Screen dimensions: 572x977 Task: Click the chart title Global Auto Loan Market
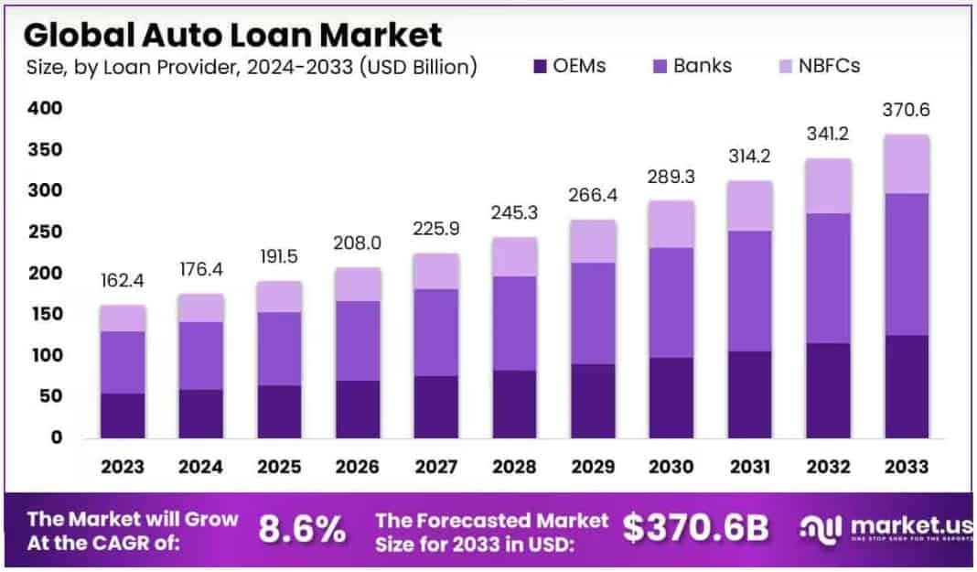click(x=232, y=35)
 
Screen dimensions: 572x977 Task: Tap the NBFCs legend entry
click(x=816, y=66)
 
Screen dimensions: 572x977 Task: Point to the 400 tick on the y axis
click(x=44, y=108)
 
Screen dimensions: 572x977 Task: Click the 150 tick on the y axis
click(x=44, y=314)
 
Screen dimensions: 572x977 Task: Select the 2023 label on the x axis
click(x=123, y=467)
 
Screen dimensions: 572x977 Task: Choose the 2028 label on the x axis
click(x=514, y=467)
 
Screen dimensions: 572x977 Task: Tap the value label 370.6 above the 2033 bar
click(x=906, y=110)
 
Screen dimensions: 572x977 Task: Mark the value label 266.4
click(x=592, y=196)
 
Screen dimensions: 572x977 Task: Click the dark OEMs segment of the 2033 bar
click(x=906, y=386)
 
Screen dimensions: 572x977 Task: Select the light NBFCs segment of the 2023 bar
click(x=123, y=318)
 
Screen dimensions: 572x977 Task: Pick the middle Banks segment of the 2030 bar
click(x=671, y=302)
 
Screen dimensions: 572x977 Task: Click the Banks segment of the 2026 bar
click(x=358, y=340)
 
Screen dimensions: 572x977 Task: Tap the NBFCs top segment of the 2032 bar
click(x=828, y=186)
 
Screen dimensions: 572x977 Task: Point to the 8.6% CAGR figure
click(x=302, y=529)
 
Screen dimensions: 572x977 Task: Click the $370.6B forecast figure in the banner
click(x=695, y=529)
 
